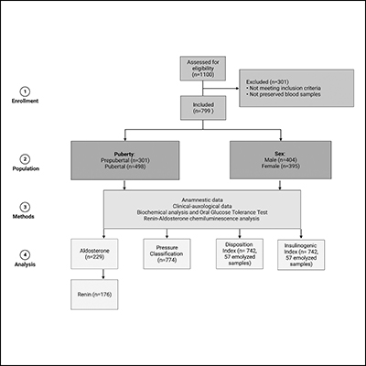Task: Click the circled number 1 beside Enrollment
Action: pyautogui.click(x=30, y=91)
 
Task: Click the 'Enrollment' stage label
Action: pyautogui.click(x=30, y=106)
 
